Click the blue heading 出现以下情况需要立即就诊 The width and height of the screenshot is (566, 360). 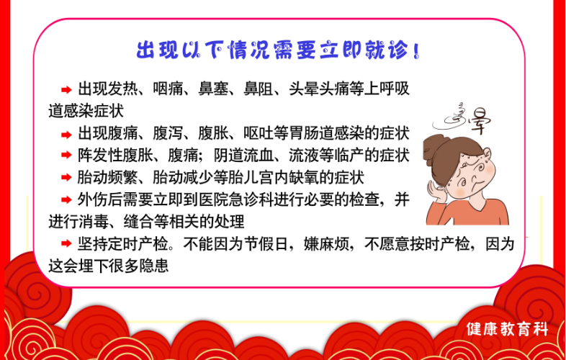click(278, 50)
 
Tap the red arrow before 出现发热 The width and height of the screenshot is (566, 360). click(66, 90)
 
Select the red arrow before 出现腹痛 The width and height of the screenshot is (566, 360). click(66, 135)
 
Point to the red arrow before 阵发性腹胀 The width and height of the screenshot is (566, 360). click(66, 156)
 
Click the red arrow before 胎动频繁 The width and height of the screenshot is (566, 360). click(66, 177)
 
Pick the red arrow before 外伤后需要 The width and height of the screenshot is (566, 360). click(66, 199)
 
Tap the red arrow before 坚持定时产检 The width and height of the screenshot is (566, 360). click(66, 244)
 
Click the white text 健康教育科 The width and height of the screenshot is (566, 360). click(507, 329)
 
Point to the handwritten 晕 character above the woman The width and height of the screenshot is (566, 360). click(479, 121)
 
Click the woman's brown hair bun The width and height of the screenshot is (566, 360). click(433, 150)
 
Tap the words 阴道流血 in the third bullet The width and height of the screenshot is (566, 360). click(243, 156)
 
